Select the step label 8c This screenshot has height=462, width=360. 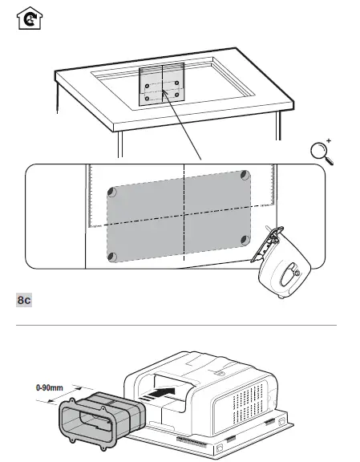click(25, 300)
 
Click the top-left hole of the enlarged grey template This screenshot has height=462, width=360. click(113, 192)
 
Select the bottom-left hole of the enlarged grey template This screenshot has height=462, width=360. click(113, 256)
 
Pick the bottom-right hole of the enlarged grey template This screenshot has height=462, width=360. click(243, 238)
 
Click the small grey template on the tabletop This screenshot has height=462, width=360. click(160, 86)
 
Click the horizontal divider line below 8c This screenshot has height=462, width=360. click(180, 325)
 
